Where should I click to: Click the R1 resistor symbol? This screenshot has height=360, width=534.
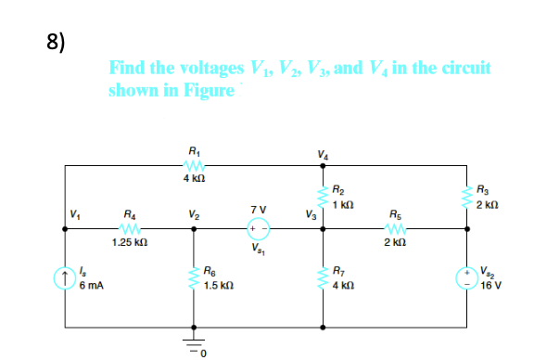pos(194,165)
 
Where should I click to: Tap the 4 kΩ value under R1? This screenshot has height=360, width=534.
pos(194,178)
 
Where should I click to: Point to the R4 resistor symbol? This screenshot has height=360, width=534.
pos(130,228)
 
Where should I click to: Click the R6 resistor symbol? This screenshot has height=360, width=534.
pos(194,277)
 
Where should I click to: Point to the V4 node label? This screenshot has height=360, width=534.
pos(322,153)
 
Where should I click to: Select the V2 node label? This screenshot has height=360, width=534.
pos(192,215)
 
